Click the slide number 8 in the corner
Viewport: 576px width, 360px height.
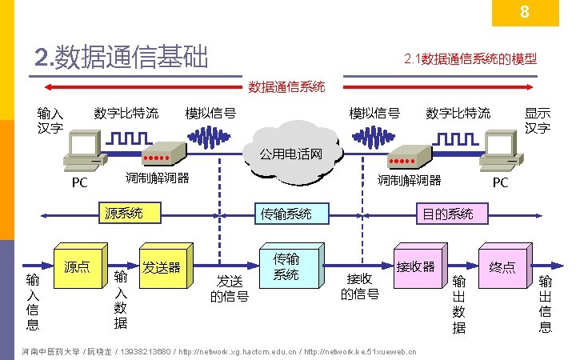tap(524, 12)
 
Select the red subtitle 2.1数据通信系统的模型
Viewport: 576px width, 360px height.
tap(470, 58)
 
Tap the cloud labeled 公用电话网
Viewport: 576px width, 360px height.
tap(290, 153)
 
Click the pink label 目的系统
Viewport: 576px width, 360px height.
tap(448, 214)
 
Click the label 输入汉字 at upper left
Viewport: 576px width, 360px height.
tap(51, 121)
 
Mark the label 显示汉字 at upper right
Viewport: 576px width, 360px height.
tap(538, 121)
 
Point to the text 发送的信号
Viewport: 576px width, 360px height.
tap(229, 289)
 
